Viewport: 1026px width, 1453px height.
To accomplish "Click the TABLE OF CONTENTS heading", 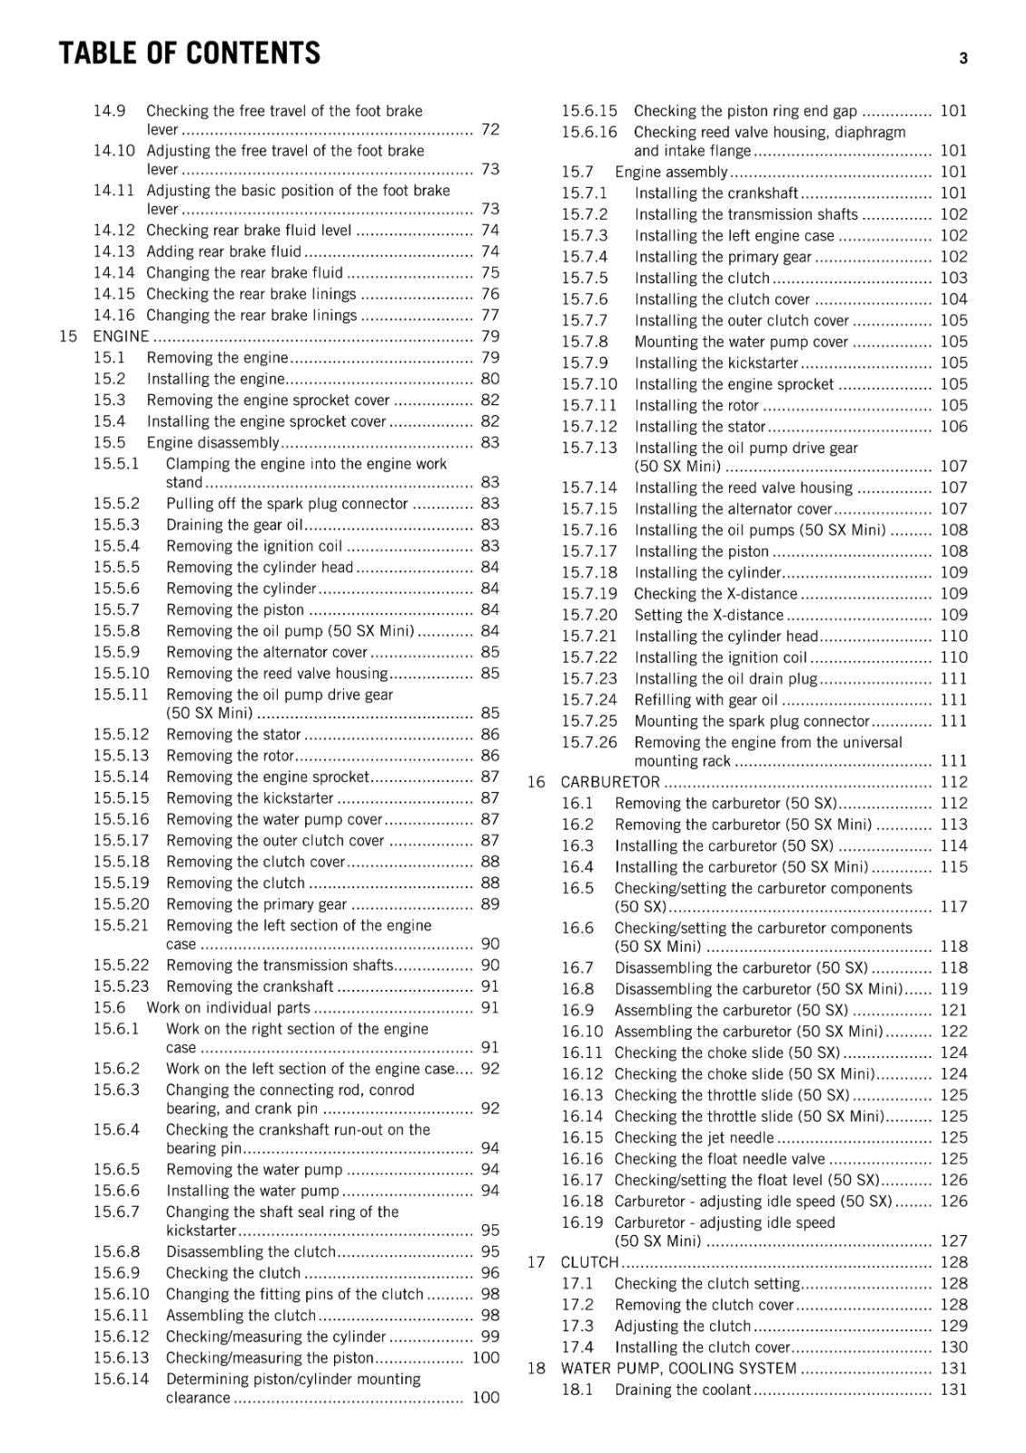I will (190, 54).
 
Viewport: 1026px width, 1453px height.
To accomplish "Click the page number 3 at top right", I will (963, 59).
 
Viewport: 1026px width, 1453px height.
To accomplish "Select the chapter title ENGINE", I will (121, 336).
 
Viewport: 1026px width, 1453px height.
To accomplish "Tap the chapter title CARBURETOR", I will (610, 782).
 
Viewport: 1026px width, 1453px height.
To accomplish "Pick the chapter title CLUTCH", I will (589, 1262).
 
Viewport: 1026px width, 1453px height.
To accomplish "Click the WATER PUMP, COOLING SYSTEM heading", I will (678, 1369).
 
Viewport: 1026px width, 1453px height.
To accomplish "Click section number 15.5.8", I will (116, 631).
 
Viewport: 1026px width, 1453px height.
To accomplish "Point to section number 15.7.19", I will (588, 594).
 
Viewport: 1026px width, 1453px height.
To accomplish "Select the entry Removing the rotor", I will (230, 756).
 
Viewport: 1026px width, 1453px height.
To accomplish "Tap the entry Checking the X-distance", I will (715, 594).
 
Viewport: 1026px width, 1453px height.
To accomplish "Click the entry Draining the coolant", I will (683, 1389).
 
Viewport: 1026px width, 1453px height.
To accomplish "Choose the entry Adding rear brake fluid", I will (223, 252).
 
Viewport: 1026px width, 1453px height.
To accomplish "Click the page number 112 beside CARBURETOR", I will (953, 782).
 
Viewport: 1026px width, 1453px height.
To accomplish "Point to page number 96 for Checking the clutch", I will (490, 1273).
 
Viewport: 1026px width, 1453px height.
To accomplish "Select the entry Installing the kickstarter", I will (715, 363).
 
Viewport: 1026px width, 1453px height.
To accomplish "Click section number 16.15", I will (582, 1138).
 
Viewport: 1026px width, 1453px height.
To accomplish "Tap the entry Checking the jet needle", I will (695, 1138).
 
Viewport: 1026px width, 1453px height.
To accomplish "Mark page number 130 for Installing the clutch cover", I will (953, 1348).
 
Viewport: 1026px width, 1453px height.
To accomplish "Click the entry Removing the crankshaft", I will (250, 986).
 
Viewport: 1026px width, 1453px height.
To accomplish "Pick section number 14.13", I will (113, 252).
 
